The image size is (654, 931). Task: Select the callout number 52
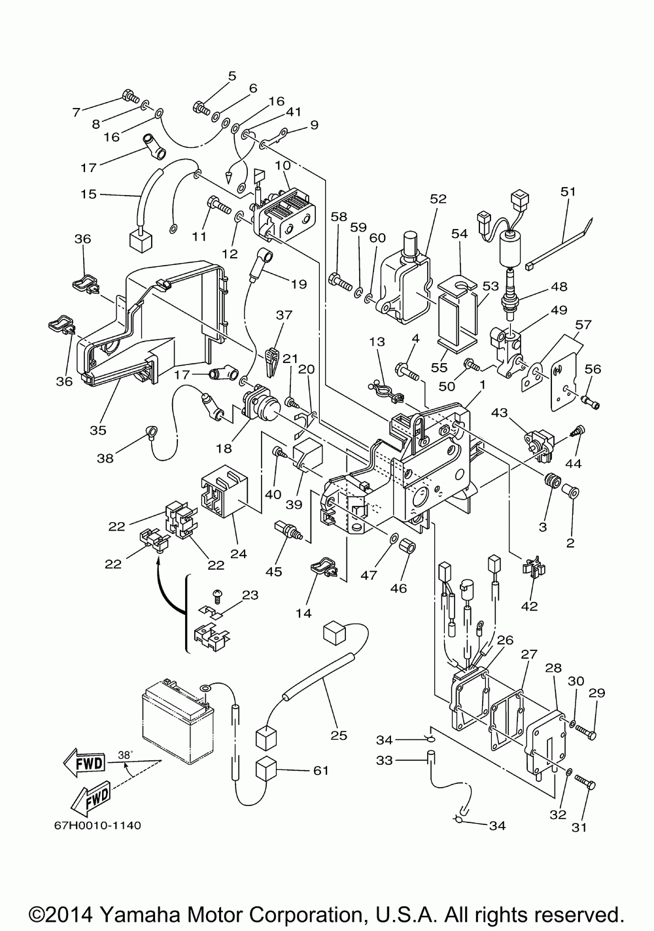tap(438, 199)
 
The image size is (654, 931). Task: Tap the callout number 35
tap(98, 430)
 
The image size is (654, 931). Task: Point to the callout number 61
tap(320, 770)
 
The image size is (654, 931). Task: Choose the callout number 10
tap(283, 165)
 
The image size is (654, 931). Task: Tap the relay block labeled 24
tap(224, 491)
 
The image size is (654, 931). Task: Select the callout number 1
tap(483, 385)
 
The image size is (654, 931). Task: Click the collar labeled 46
tap(407, 548)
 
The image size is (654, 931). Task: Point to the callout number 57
tap(583, 325)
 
